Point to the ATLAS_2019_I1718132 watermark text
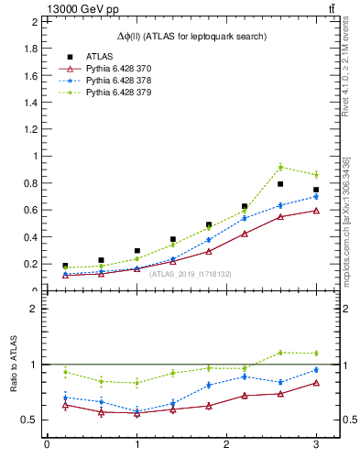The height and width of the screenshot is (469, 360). point(191,273)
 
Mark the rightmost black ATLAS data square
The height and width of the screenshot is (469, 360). point(316,190)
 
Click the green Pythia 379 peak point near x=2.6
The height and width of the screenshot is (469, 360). point(280,167)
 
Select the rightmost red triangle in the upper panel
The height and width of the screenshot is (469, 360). point(316,211)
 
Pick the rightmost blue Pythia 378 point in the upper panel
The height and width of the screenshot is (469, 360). point(316,197)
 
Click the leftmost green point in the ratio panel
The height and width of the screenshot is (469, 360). point(65,372)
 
